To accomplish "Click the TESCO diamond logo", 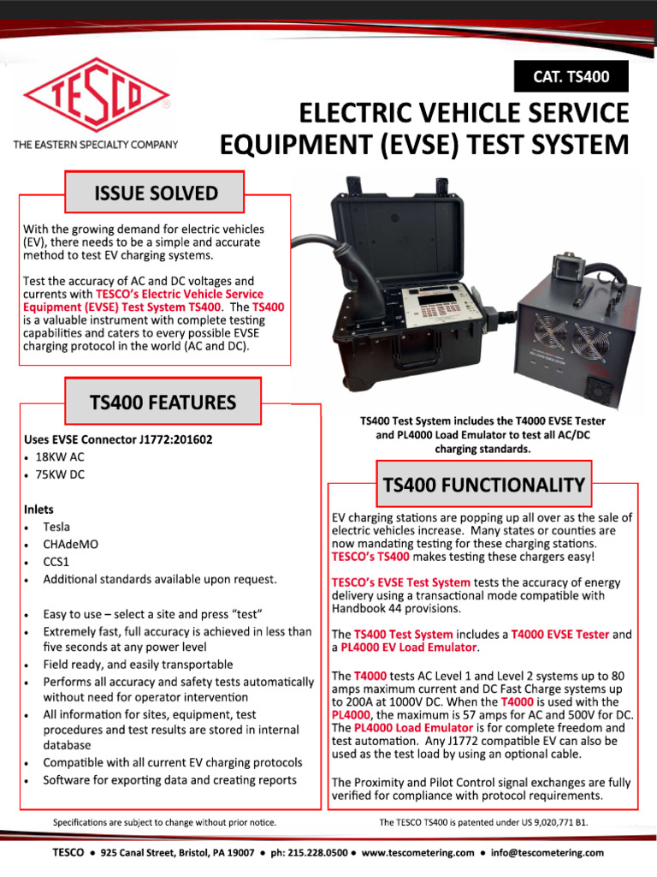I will (95, 102).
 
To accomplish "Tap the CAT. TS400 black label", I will (572, 77).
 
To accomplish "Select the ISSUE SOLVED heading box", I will (156, 193).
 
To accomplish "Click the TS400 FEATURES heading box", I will (163, 402).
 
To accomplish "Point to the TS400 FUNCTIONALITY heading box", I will (483, 486).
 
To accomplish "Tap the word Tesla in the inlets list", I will (56, 527).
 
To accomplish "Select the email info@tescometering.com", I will (547, 853).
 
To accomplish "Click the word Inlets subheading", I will (39, 509).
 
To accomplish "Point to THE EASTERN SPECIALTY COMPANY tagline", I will (95, 145).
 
